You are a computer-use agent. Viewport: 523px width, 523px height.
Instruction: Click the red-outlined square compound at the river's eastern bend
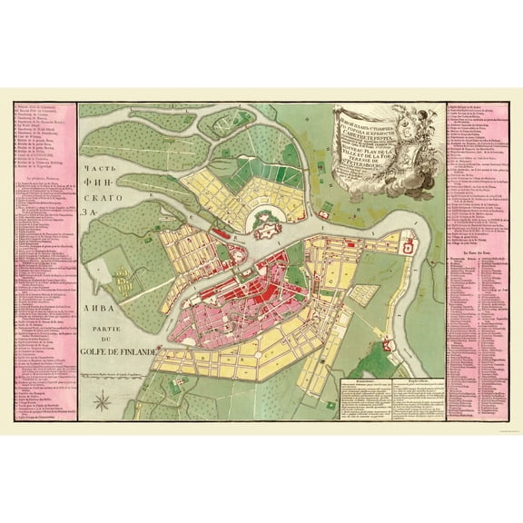pyautogui.click(x=408, y=245)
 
